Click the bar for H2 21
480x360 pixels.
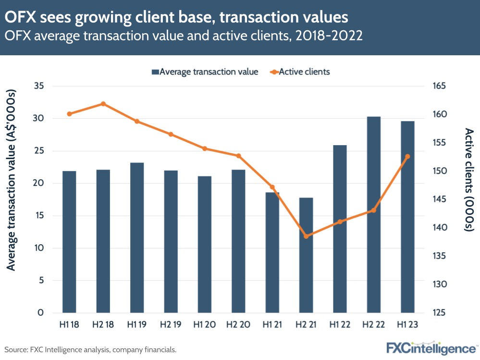[306, 255]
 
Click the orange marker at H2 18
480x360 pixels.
[103, 104]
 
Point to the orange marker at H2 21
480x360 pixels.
[306, 236]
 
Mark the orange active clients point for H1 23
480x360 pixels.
[407, 156]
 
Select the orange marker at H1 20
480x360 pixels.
[205, 149]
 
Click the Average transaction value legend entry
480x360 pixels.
[205, 72]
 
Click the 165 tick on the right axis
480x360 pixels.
[440, 86]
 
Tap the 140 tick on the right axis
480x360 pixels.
[440, 228]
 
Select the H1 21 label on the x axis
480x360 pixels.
[272, 325]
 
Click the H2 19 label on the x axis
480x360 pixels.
[171, 325]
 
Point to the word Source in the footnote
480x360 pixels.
[16, 349]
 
